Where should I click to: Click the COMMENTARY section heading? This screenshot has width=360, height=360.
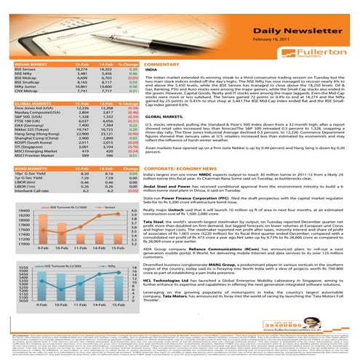pos(161,65)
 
